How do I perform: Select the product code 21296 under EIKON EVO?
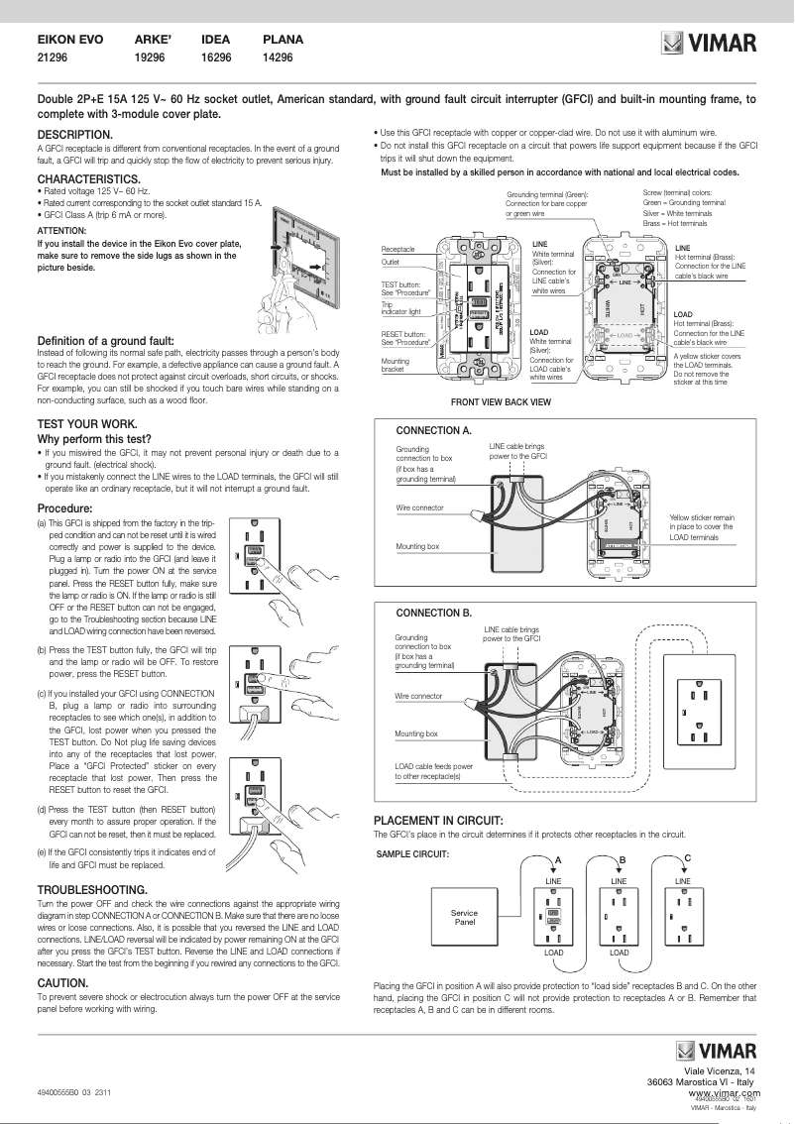click(55, 58)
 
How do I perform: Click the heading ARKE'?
click(153, 40)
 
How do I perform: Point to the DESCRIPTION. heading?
click(74, 134)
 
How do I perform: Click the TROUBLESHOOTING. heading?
click(96, 890)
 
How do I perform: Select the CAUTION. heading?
click(63, 982)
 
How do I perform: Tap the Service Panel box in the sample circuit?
click(464, 917)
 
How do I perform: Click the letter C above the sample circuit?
click(687, 857)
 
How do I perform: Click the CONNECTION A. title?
click(433, 431)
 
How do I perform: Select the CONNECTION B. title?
click(433, 612)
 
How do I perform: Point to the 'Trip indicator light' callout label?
click(400, 309)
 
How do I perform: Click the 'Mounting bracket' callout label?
click(396, 366)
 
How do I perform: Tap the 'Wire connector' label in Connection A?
click(419, 507)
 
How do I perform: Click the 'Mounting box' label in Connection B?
click(416, 733)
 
